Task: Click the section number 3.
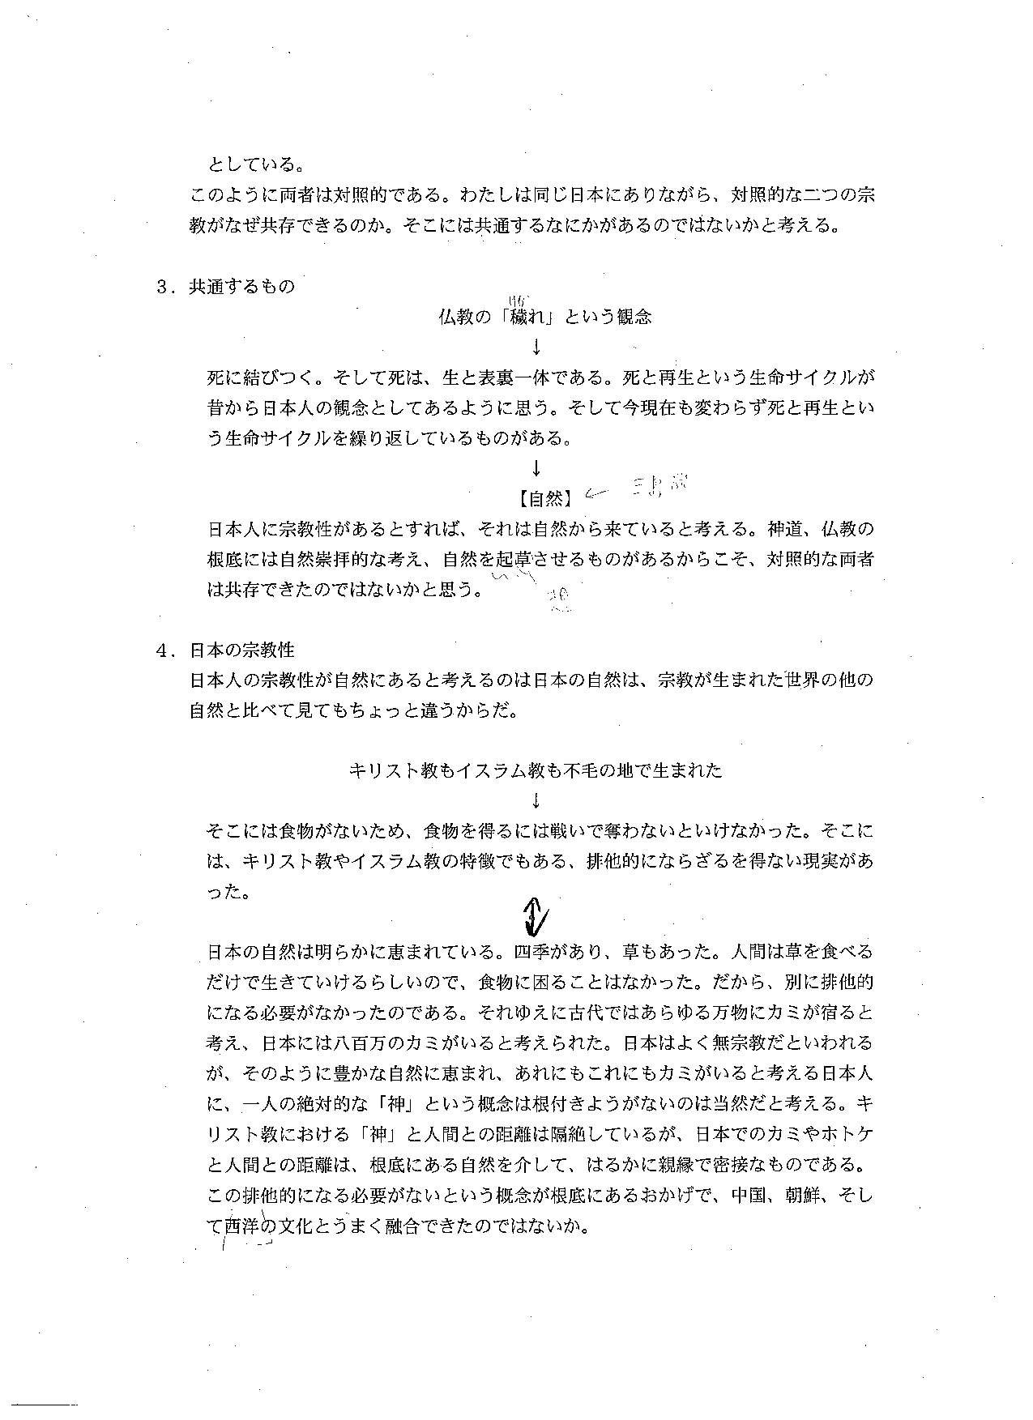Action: (x=162, y=287)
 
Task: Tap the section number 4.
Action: (x=162, y=650)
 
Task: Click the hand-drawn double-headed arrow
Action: (x=536, y=915)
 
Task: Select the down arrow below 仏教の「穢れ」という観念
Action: (x=536, y=348)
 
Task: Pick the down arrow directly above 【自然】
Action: (x=536, y=468)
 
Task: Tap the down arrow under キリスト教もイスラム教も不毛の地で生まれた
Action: (x=536, y=801)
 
